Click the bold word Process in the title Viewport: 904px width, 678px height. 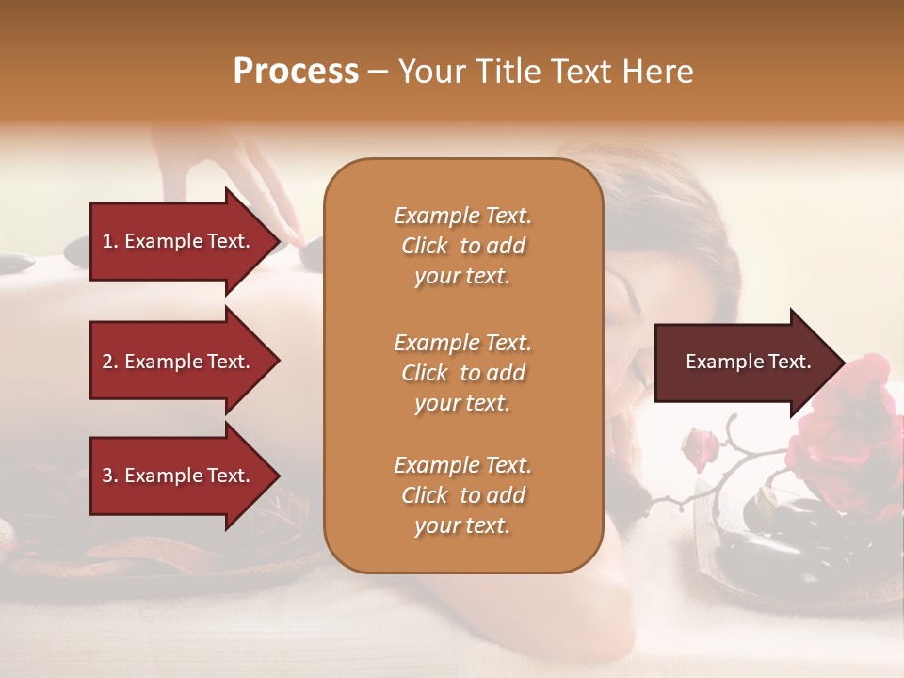pos(296,71)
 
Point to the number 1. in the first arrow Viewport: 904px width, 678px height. pos(109,241)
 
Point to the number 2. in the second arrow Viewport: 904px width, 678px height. pos(109,362)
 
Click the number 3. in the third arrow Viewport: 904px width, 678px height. pos(109,476)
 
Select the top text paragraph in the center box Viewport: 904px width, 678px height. pos(462,246)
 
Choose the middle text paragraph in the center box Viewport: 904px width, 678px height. pos(462,373)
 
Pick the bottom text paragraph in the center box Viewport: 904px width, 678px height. pos(462,495)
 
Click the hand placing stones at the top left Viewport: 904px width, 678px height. pos(226,179)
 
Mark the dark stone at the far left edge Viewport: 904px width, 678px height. pos(13,264)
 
